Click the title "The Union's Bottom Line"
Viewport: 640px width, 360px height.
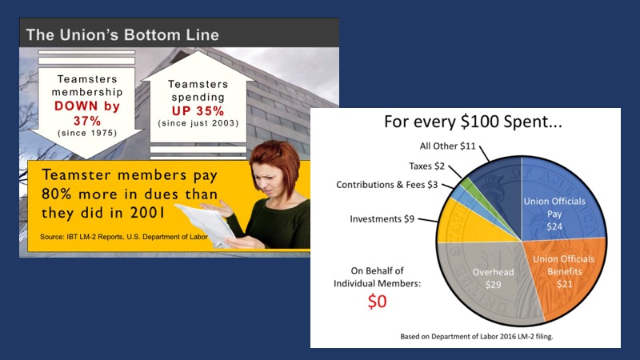pyautogui.click(x=122, y=34)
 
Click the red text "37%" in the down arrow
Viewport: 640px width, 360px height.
pyautogui.click(x=87, y=121)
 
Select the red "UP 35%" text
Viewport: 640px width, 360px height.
pyautogui.click(x=198, y=110)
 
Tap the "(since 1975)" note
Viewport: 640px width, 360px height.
pyautogui.click(x=87, y=133)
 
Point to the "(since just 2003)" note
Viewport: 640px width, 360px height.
pyautogui.click(x=198, y=123)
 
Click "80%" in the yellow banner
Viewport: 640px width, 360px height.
pyautogui.click(x=56, y=194)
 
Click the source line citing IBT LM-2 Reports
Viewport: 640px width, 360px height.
pyautogui.click(x=124, y=237)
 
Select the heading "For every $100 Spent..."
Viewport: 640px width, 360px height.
pyautogui.click(x=473, y=122)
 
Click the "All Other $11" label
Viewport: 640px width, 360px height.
pyautogui.click(x=448, y=146)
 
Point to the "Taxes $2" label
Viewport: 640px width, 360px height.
pyautogui.click(x=426, y=166)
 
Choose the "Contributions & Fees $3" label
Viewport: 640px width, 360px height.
pyautogui.click(x=387, y=185)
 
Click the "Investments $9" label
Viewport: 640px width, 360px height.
pyautogui.click(x=382, y=219)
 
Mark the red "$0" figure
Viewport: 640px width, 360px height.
pyautogui.click(x=377, y=302)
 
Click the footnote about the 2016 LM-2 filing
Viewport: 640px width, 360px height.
pyautogui.click(x=477, y=337)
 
